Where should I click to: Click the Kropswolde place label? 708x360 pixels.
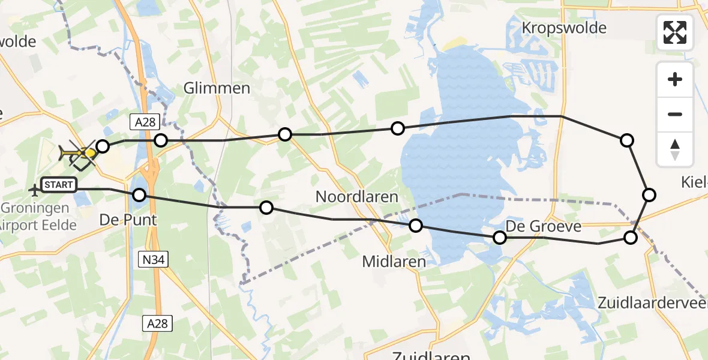point(564,28)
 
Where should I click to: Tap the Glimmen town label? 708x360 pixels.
point(217,88)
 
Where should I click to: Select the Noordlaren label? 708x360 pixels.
point(356,196)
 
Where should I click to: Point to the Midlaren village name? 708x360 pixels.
point(394,262)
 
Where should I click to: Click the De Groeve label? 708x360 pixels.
point(544,226)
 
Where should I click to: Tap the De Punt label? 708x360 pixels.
point(127,220)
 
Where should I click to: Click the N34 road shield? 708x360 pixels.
point(154,259)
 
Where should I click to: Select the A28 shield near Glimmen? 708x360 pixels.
point(144,122)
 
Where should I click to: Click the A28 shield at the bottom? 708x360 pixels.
point(158,323)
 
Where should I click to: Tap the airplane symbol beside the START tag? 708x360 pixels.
point(34,190)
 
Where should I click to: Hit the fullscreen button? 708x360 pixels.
point(675,32)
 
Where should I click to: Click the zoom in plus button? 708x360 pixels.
point(675,79)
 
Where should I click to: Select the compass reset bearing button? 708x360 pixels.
point(675,149)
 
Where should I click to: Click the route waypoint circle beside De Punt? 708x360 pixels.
point(139,195)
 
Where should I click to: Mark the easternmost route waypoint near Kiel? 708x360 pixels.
point(649,194)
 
